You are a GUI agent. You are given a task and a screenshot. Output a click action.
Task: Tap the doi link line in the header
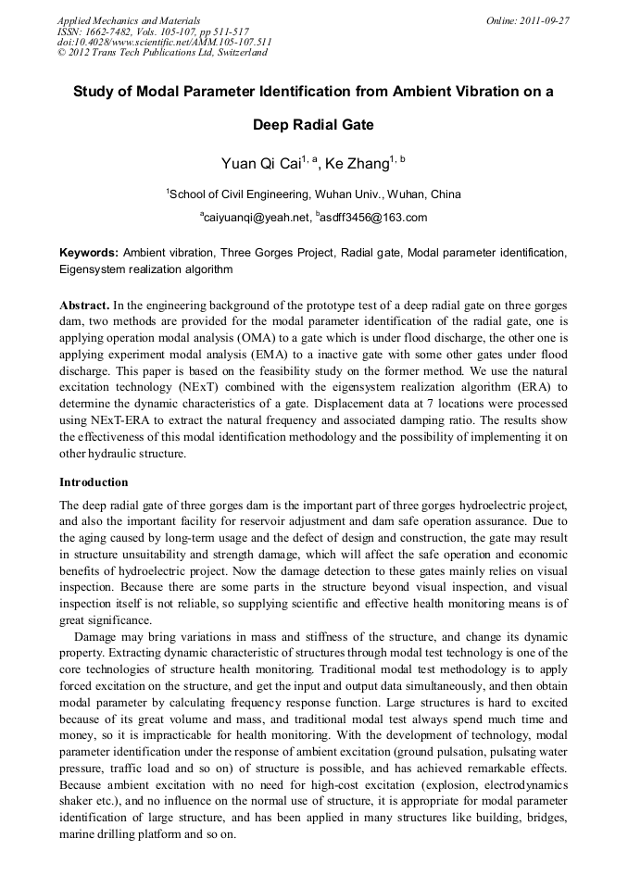click(x=164, y=42)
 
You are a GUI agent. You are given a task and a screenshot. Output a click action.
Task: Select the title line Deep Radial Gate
click(x=313, y=125)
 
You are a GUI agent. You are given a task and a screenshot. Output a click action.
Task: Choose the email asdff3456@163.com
click(x=374, y=218)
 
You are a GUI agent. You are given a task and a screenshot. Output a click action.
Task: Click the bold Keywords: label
click(x=89, y=253)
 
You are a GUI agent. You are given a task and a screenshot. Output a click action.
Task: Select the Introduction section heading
click(x=94, y=482)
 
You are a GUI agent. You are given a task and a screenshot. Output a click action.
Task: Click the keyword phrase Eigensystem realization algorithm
click(x=145, y=269)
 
